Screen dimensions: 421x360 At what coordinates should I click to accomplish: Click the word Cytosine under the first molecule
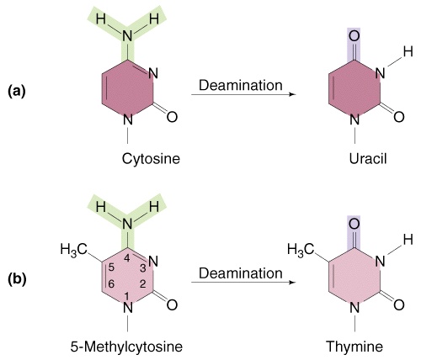[151, 159]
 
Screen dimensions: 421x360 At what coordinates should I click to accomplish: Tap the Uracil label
[368, 159]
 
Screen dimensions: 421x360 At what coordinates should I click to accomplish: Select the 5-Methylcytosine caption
[126, 347]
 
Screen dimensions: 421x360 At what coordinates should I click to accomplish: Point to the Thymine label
[354, 347]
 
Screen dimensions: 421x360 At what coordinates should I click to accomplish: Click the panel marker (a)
[17, 92]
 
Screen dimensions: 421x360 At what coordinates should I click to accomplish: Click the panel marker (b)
[17, 279]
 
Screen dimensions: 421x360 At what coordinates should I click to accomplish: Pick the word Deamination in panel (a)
[241, 85]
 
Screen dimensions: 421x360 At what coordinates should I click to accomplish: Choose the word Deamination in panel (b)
[241, 273]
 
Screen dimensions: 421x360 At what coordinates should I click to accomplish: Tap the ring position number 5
[111, 267]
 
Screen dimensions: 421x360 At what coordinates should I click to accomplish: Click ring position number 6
[111, 284]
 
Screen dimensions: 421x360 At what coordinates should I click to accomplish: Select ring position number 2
[143, 284]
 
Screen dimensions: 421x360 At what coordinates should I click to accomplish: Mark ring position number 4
[127, 258]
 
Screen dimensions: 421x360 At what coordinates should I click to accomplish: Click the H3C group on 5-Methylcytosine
[74, 249]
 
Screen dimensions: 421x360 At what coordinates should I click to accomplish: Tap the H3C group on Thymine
[301, 249]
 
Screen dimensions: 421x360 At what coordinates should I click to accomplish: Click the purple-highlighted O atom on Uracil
[354, 36]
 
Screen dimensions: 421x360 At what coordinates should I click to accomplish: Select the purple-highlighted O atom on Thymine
[354, 224]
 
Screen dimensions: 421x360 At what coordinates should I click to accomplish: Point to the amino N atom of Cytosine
[127, 36]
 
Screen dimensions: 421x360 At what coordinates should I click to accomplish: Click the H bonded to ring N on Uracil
[408, 51]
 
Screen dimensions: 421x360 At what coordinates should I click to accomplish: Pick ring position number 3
[143, 268]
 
